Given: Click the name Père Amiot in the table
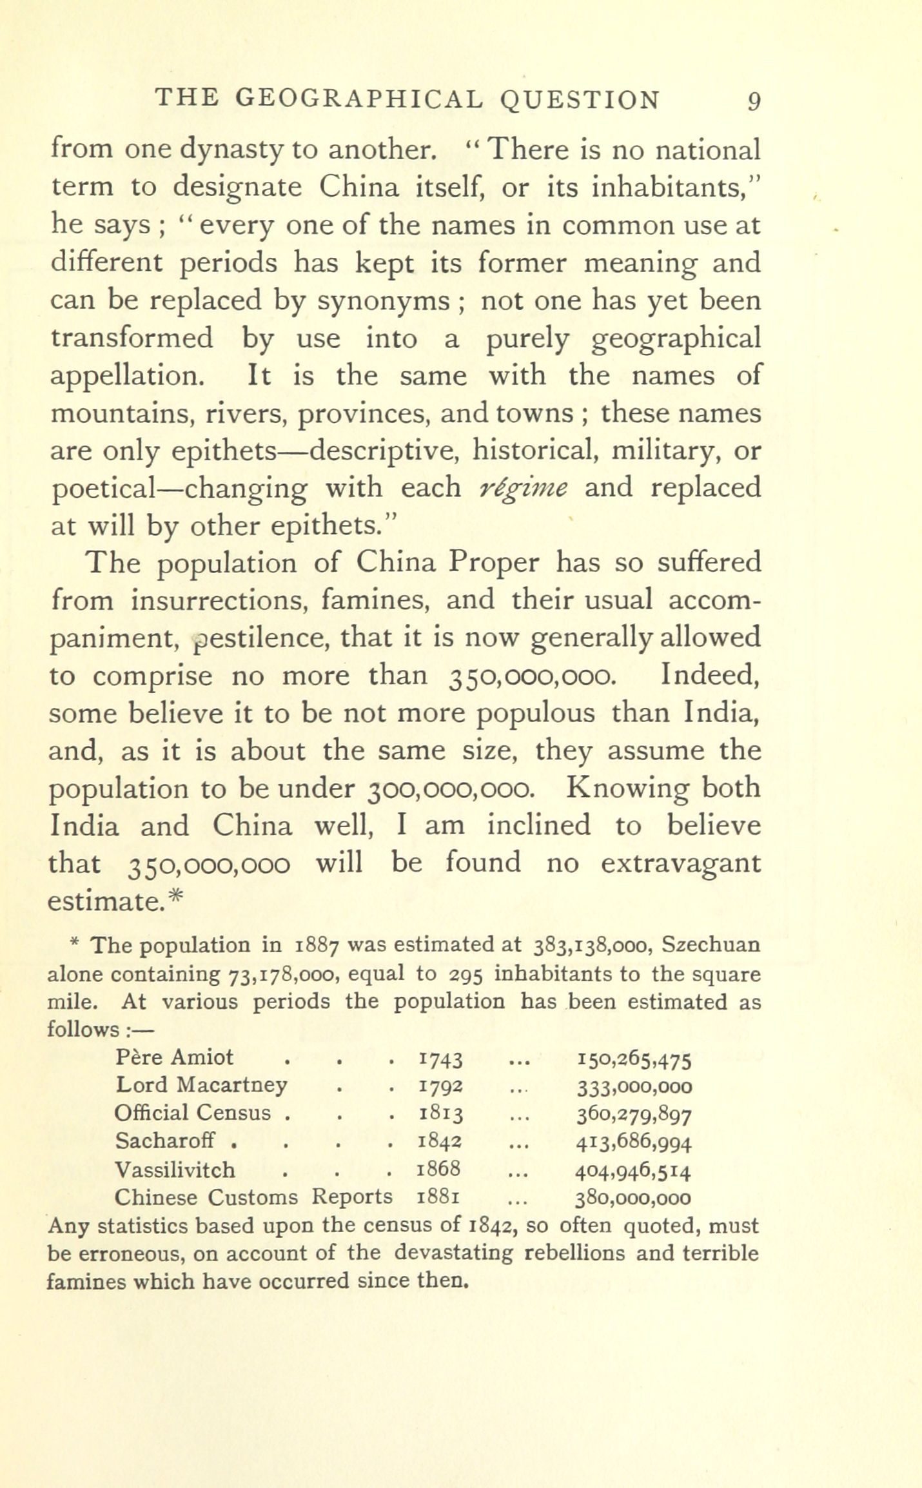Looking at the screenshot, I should tap(175, 1057).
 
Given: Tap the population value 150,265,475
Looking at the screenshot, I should tap(634, 1059).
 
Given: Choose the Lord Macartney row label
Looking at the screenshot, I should tap(201, 1086).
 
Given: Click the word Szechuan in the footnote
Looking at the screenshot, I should tap(711, 946).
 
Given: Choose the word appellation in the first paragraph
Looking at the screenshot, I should tap(126, 376).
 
